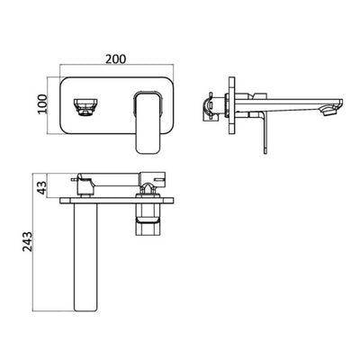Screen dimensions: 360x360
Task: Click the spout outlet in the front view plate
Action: pos(83,106)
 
